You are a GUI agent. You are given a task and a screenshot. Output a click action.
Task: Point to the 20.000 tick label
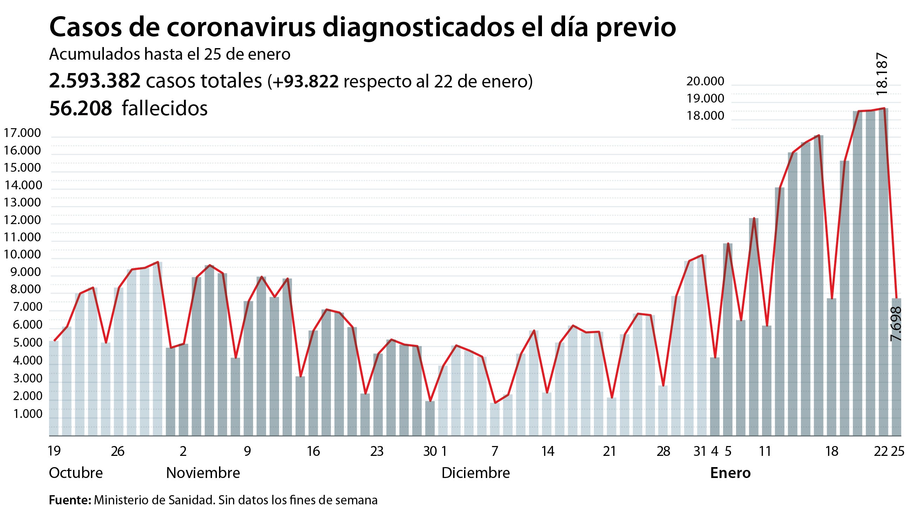coord(705,81)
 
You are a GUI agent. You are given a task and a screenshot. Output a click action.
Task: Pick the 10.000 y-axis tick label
coord(22,254)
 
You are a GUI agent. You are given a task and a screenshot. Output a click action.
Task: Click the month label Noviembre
coord(203,473)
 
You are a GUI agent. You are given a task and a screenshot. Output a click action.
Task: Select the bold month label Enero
coord(730,473)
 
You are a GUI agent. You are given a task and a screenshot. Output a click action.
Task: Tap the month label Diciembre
coord(475,473)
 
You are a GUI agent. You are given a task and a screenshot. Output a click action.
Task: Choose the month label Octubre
coord(76,473)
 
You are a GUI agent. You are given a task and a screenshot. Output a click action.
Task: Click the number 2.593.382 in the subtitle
coord(95,81)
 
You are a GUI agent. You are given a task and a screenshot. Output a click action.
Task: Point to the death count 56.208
coord(81,108)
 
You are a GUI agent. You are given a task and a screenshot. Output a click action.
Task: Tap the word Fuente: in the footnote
coord(70,500)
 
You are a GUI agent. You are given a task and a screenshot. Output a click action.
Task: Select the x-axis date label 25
coord(898,451)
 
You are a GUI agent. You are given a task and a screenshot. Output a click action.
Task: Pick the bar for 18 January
coord(831,367)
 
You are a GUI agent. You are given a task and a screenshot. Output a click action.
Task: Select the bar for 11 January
coord(767,381)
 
